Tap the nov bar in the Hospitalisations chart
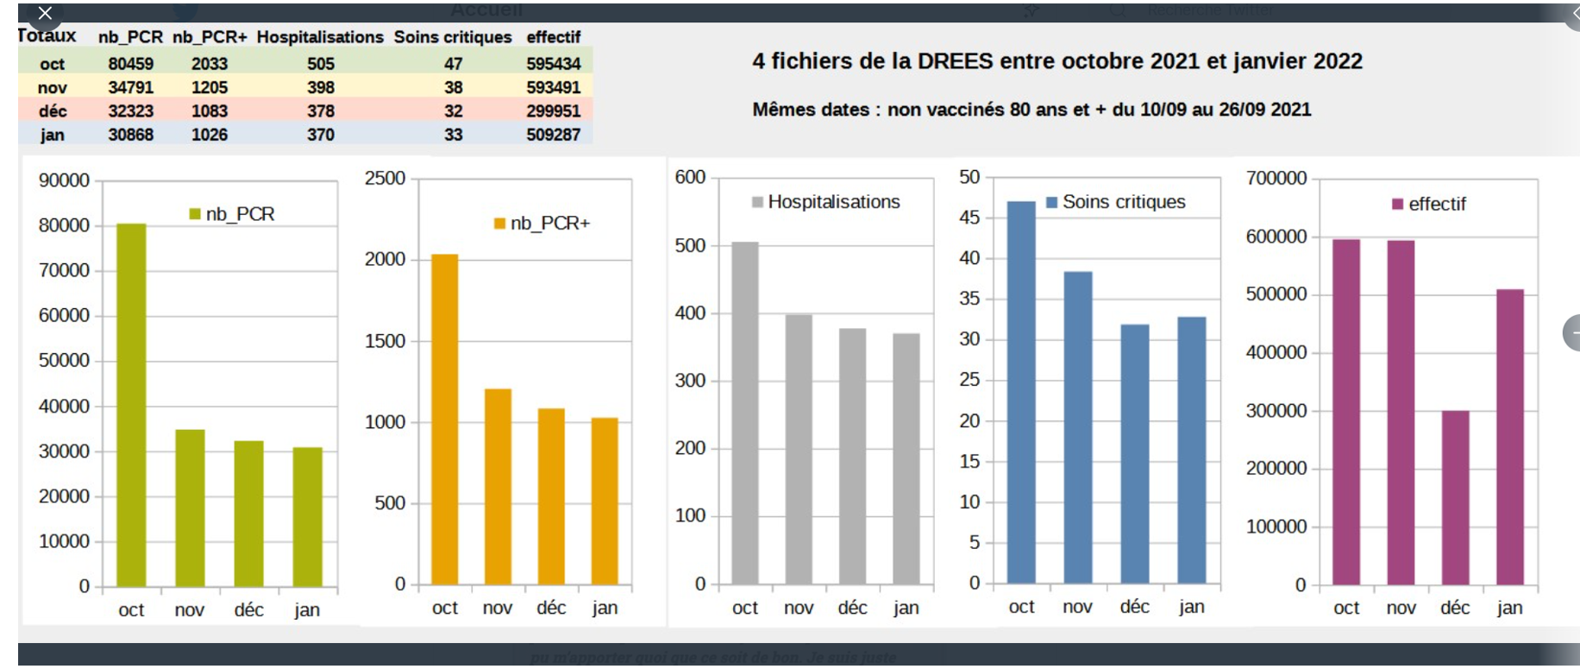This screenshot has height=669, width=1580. pos(799,449)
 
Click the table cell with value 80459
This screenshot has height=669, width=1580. pos(131,64)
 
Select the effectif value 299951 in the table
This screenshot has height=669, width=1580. pos(554,111)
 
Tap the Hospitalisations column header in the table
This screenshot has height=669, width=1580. pos(320,37)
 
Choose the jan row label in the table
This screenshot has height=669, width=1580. pos(52,135)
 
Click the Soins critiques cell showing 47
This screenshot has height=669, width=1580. pos(454,64)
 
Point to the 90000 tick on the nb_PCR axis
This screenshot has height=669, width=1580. pos(64,180)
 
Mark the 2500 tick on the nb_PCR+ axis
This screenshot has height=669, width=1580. pos(385,179)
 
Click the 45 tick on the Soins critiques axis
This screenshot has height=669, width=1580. pos(969,218)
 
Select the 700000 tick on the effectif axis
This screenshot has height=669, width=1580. pos(1276,179)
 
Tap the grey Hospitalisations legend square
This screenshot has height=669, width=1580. pos(757,202)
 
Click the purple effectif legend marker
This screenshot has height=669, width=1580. pos(1397,205)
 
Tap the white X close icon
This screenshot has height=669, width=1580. pos(46,13)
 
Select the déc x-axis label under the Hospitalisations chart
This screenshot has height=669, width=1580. pos(852,608)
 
